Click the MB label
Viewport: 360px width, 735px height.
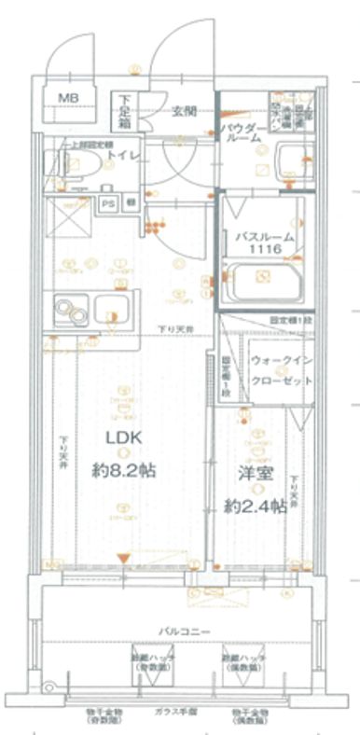(70, 98)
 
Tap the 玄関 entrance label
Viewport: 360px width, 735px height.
(183, 111)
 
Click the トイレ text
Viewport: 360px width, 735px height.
(121, 156)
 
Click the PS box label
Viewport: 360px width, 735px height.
(108, 201)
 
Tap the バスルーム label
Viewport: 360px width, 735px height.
(264, 238)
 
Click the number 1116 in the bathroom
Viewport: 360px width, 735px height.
(264, 251)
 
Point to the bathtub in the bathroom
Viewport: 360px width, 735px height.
(266, 278)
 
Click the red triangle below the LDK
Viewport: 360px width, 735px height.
(120, 559)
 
